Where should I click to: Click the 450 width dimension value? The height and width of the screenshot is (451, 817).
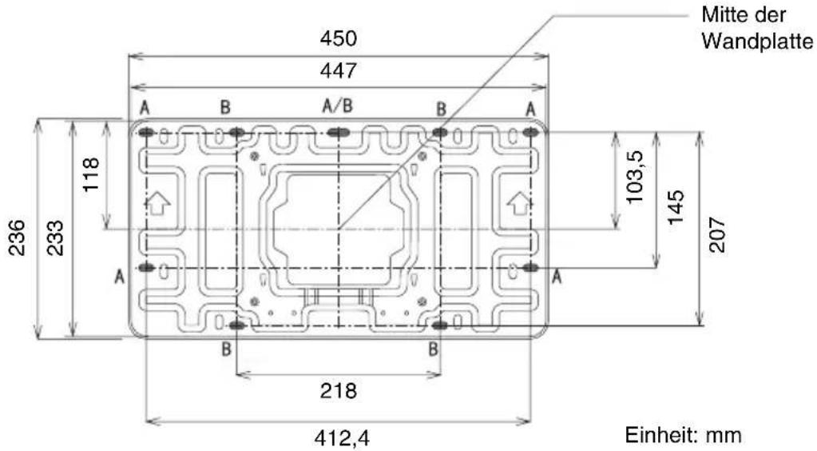coord(338,38)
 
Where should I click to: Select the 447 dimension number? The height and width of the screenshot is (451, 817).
coord(338,70)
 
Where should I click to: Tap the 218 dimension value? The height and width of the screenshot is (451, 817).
coord(338,390)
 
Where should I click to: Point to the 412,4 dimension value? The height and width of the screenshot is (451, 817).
coord(342,438)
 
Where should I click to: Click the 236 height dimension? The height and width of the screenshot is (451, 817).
coord(18,237)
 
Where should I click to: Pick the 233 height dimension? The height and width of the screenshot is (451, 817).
coord(55,237)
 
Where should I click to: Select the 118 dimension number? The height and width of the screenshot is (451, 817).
coord(91,174)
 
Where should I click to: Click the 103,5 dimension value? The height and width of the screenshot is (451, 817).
coord(634,177)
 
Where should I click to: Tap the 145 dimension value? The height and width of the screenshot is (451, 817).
coord(676,207)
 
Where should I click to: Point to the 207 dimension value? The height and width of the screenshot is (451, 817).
coord(717,235)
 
